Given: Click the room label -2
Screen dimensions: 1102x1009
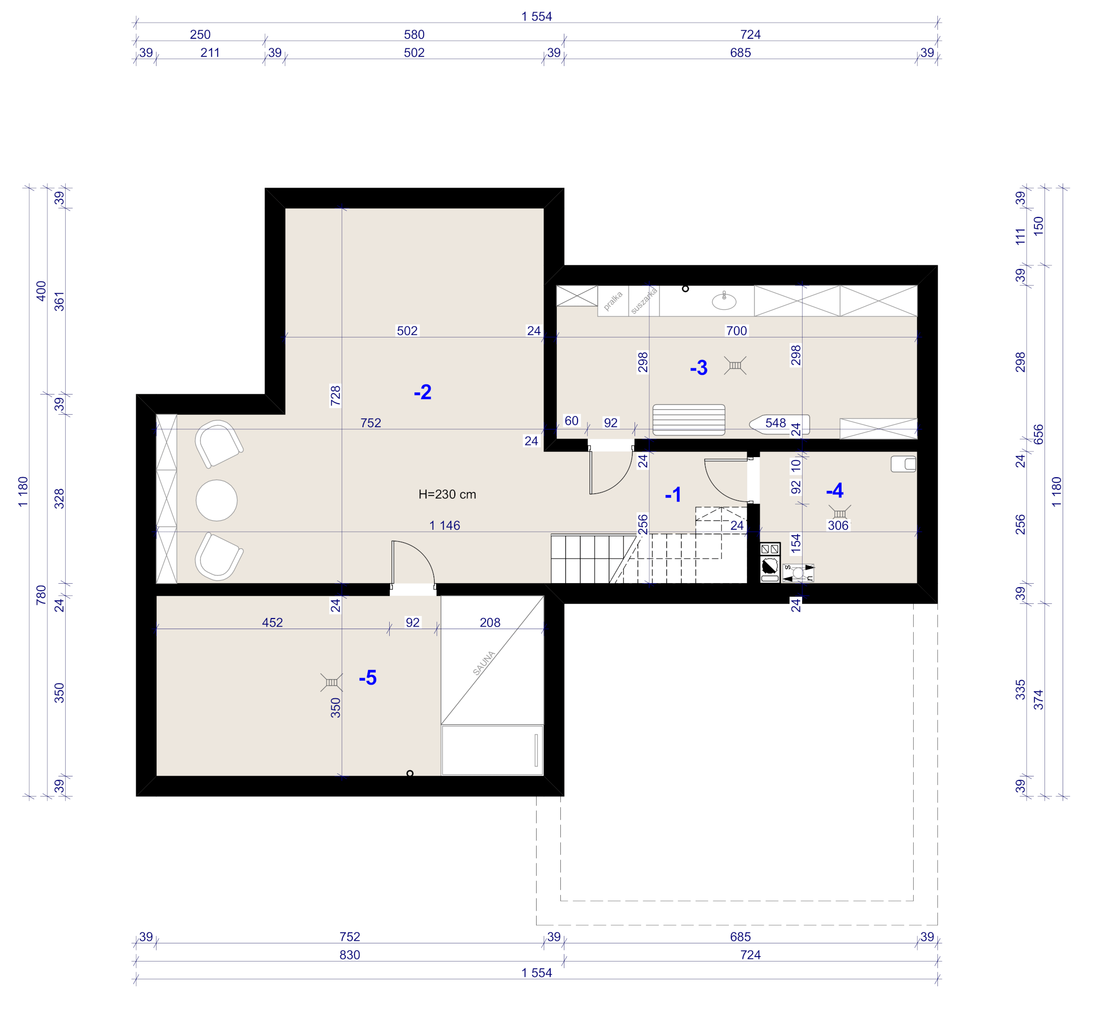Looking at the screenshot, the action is click(423, 392).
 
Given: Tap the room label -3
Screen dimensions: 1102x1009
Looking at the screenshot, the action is click(699, 368).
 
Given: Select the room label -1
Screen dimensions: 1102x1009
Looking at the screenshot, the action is click(673, 495).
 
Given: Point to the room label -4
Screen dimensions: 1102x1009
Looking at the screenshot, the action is click(834, 490).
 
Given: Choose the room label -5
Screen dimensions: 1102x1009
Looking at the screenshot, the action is click(368, 678).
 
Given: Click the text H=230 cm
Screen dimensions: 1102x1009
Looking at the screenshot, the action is click(447, 494).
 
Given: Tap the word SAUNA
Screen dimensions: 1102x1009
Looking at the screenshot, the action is click(484, 663).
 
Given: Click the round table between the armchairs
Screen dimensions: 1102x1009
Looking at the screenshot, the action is click(217, 500).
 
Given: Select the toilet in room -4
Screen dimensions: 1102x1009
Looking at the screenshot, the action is click(903, 464).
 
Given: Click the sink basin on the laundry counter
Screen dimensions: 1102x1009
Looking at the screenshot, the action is click(724, 301).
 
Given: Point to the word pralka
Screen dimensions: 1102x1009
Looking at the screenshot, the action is click(613, 301).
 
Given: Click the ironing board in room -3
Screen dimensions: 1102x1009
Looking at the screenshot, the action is click(779, 424).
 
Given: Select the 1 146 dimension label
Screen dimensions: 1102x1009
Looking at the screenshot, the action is click(444, 526).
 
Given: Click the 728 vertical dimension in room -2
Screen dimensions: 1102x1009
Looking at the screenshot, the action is click(335, 396).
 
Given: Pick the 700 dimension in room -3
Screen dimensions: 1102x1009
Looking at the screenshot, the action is click(737, 330).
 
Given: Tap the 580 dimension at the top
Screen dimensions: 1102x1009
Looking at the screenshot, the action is click(414, 34).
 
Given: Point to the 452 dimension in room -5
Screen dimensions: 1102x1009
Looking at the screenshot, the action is click(272, 622).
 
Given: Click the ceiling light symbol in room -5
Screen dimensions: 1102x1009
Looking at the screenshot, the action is click(331, 682).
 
